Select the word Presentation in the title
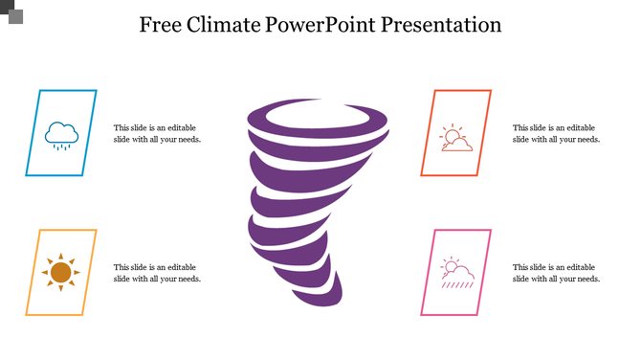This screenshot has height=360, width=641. point(441,25)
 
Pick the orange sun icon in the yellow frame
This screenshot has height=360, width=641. point(61,273)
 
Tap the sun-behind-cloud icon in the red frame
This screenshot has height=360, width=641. point(455,139)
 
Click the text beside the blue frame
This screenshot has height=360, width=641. point(157,133)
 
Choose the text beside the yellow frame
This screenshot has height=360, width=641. point(157,273)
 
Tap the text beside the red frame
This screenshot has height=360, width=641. point(556,133)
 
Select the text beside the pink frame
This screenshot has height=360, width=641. point(556,273)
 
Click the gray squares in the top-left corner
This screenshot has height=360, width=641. point(12,11)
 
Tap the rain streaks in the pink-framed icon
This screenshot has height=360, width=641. point(457,283)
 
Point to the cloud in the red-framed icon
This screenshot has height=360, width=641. point(458,145)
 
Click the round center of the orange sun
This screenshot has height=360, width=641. point(61,273)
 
